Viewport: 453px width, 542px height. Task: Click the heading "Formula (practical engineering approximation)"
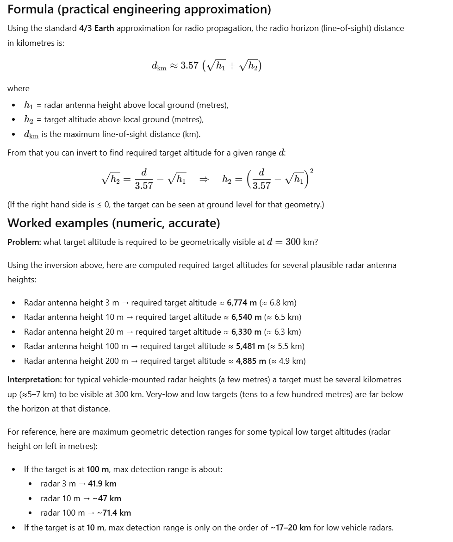(x=139, y=9)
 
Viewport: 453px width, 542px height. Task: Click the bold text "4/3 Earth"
(x=96, y=28)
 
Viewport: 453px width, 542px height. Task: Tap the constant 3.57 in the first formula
(x=190, y=65)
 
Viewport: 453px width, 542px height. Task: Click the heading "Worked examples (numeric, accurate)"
(x=114, y=223)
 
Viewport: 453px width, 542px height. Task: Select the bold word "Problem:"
(x=24, y=242)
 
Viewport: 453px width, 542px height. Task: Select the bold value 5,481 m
(x=250, y=346)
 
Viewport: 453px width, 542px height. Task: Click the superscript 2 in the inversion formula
(x=311, y=171)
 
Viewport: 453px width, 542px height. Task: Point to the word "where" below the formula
(x=19, y=88)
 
